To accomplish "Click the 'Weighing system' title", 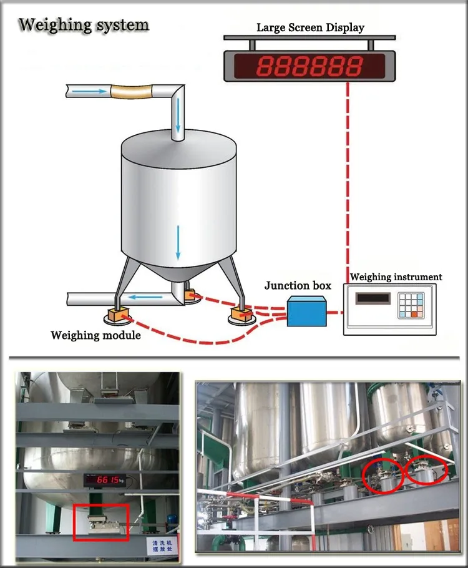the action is click(x=84, y=25).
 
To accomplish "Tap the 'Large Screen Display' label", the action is click(x=310, y=27).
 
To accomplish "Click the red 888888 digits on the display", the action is click(x=311, y=65).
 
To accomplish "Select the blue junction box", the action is click(x=306, y=311).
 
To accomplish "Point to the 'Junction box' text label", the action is click(x=298, y=286).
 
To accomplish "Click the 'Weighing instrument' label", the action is click(x=396, y=277).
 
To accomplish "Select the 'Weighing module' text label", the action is click(x=95, y=335).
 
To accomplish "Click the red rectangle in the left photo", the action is click(x=101, y=521).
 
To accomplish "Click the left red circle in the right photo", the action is click(x=384, y=476).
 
